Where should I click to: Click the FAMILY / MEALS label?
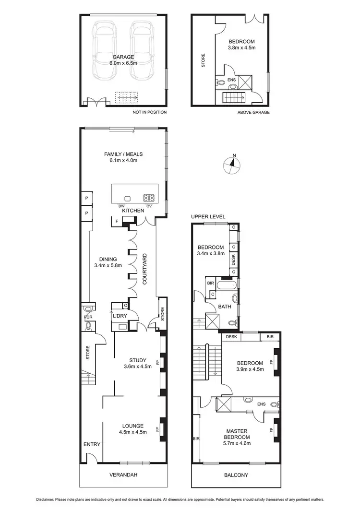pyautogui.click(x=124, y=154)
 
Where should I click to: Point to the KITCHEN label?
pyautogui.click(x=130, y=211)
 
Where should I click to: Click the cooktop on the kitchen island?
pyautogui.click(x=149, y=198)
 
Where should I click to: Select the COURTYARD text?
pyautogui.click(x=144, y=271)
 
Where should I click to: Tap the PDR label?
pyautogui.click(x=88, y=317)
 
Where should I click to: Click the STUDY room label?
pyautogui.click(x=137, y=360)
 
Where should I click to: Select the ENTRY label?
pyautogui.click(x=92, y=444)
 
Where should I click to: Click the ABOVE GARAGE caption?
pyautogui.click(x=253, y=112)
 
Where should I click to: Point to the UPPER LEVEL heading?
pyautogui.click(x=208, y=217)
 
